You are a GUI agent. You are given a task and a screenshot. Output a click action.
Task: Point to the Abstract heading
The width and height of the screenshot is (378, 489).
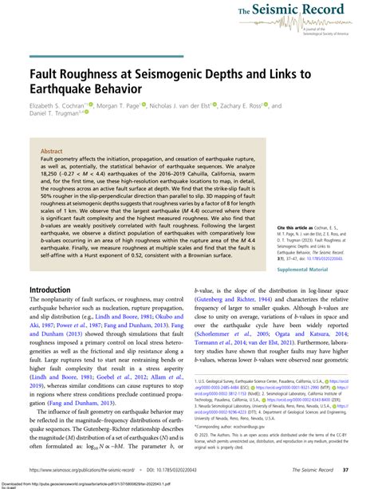pos(53,148)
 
